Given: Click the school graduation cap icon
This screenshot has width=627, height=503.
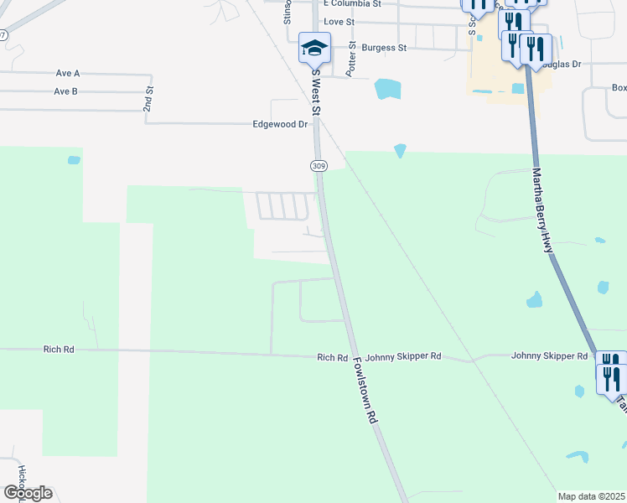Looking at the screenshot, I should (x=314, y=48).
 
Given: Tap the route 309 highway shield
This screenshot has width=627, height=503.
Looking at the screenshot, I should (x=319, y=166).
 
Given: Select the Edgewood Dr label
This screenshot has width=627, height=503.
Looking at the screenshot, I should (x=281, y=124).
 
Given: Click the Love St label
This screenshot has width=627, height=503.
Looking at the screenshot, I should (x=339, y=22).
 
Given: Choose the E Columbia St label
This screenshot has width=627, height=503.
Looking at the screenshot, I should (x=352, y=4).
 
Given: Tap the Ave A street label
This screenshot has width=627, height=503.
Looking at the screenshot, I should (x=66, y=74).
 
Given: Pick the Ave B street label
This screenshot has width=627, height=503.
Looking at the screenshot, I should (x=66, y=91).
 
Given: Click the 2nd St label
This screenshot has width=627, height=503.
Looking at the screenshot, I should (x=148, y=98).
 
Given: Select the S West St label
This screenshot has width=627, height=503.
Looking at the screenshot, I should (x=316, y=92).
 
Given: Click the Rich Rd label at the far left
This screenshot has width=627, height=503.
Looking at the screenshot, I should (x=60, y=349).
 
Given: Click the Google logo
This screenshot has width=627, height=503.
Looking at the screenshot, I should (x=27, y=493).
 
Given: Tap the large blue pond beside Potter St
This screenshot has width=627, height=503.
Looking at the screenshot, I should (x=386, y=88).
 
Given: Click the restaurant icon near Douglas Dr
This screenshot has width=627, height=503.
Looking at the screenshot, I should (x=535, y=49).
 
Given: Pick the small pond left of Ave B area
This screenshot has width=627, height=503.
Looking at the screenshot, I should (x=74, y=159).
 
